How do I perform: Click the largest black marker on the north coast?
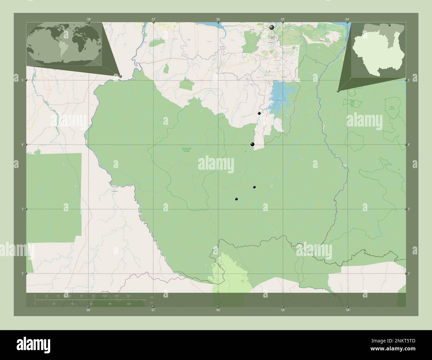pyautogui.click(x=272, y=28)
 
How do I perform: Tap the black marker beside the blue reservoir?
pyautogui.click(x=259, y=113)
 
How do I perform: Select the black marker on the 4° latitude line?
pyautogui.click(x=253, y=144)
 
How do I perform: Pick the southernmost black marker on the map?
pyautogui.click(x=236, y=199)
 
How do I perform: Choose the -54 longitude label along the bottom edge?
pyautogui.click(x=347, y=310)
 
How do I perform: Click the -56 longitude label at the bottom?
pyautogui.click(x=218, y=310)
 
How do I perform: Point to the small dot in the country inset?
pyautogui.click(x=389, y=25)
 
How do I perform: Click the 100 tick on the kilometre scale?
pyautogui.click(x=93, y=296)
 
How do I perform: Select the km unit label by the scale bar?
pyautogui.click(x=152, y=297)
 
